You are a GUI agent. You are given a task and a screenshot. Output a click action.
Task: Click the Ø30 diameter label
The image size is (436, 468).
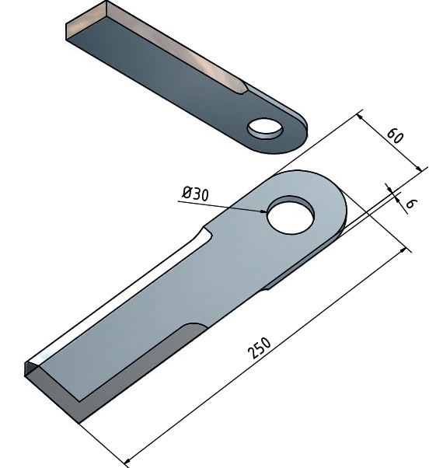click(196, 194)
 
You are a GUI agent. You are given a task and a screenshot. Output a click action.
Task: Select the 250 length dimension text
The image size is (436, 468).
click(260, 348)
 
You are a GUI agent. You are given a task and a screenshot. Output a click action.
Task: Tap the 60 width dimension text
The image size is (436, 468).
click(395, 136)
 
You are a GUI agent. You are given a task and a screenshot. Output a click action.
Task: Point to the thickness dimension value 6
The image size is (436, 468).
click(410, 203)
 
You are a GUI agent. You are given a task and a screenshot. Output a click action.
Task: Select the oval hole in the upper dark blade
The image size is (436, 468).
click(265, 128)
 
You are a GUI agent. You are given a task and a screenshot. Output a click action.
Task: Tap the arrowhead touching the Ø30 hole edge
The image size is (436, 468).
click(263, 211)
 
